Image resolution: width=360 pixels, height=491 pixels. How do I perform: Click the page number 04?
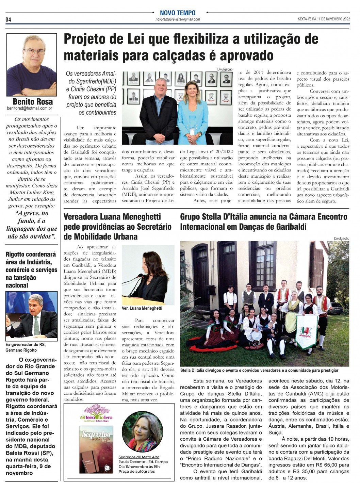click(x=8, y=20)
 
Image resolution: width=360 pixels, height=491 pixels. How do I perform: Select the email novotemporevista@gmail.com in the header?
click(x=178, y=19)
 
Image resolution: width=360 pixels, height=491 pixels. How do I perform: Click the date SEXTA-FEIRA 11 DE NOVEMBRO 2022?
click(x=324, y=19)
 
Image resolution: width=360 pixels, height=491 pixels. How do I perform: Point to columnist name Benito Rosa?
click(x=33, y=101)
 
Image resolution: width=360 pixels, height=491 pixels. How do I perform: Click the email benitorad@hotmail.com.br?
click(x=30, y=109)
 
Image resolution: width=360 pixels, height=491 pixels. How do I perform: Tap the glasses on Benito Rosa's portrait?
click(x=34, y=51)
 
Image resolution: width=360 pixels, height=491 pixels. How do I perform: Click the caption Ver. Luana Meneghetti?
click(x=142, y=308)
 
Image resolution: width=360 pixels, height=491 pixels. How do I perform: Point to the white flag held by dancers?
click(x=306, y=331)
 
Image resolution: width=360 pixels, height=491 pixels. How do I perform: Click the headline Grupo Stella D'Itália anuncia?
click(x=263, y=222)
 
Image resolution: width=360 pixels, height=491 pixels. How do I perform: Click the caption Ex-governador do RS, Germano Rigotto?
click(x=26, y=347)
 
